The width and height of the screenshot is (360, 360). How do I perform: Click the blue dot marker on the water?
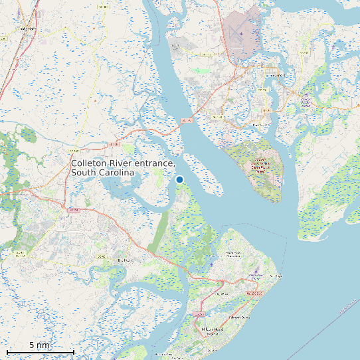179,179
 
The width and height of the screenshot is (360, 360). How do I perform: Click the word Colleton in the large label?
90,163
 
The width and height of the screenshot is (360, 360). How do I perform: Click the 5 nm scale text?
39,345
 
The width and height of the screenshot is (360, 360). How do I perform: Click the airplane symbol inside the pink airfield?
240,33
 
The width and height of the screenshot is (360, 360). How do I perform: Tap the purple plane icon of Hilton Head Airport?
257,273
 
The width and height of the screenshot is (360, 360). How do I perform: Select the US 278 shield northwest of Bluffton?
73,209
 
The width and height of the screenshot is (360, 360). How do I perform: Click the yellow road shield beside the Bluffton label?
102,256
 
